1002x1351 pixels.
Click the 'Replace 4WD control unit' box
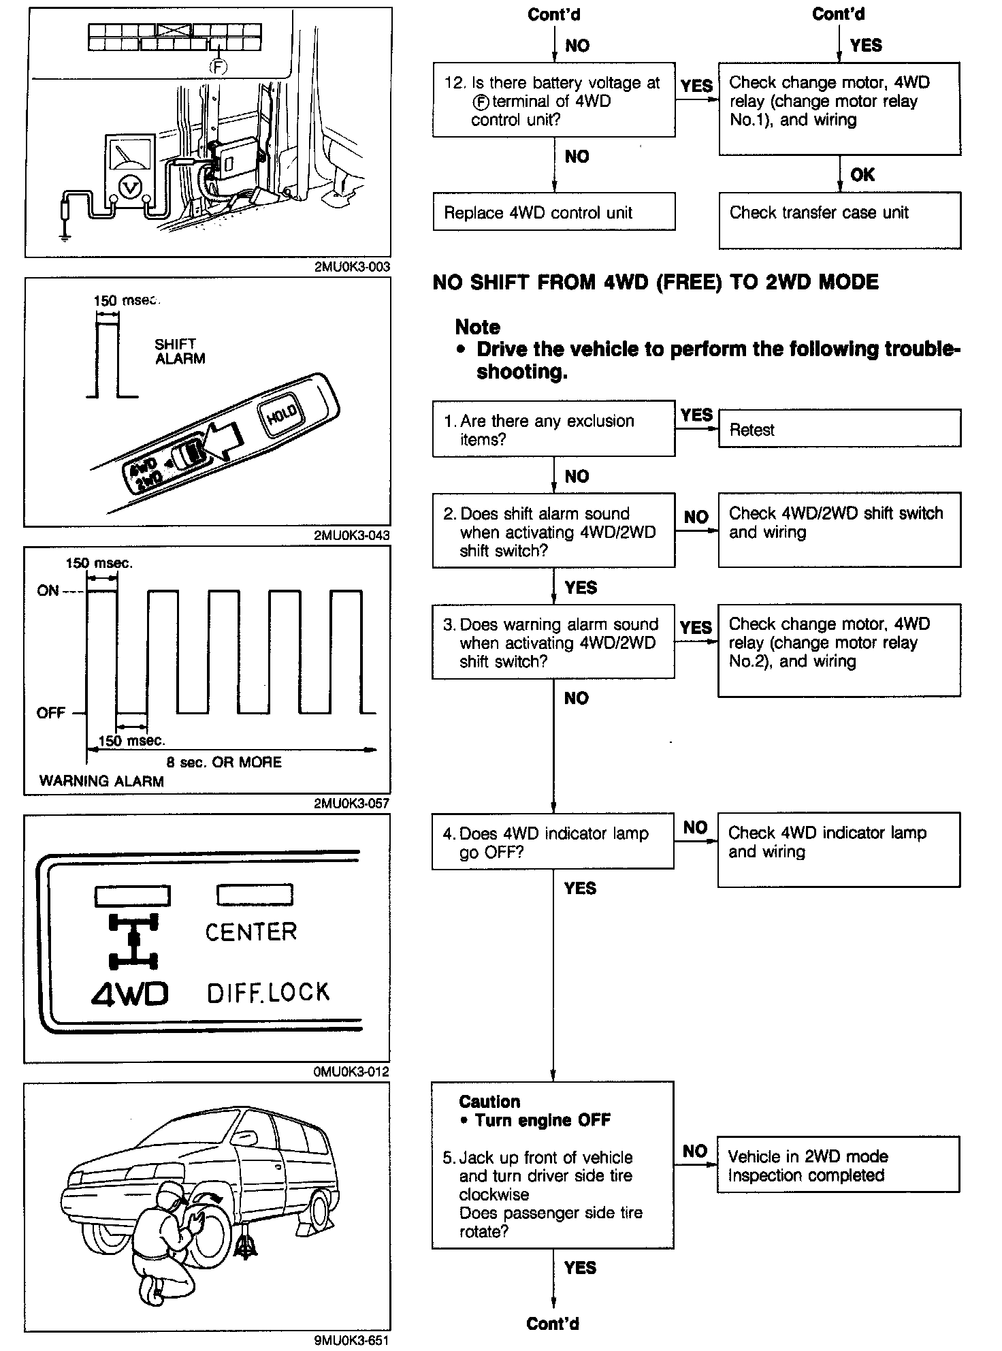[x=553, y=212]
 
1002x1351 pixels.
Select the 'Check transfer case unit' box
[x=839, y=219]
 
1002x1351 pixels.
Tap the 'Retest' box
[x=839, y=428]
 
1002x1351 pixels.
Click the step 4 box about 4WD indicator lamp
[x=553, y=841]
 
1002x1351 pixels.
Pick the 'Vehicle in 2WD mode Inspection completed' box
[x=838, y=1165]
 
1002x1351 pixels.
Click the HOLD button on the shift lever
[x=281, y=413]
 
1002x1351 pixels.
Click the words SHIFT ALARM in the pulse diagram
[x=180, y=351]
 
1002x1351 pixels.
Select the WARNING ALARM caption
[x=101, y=781]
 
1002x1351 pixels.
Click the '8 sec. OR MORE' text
[x=223, y=762]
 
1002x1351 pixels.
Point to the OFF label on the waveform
[x=51, y=713]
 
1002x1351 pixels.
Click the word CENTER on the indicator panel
[x=251, y=932]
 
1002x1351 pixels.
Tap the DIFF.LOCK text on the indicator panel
[x=268, y=994]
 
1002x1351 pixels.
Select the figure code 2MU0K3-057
[x=351, y=804]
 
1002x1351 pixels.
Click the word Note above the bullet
[x=477, y=327]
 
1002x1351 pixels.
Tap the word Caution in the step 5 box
[x=489, y=1102]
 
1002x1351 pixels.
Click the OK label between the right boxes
[x=862, y=175]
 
